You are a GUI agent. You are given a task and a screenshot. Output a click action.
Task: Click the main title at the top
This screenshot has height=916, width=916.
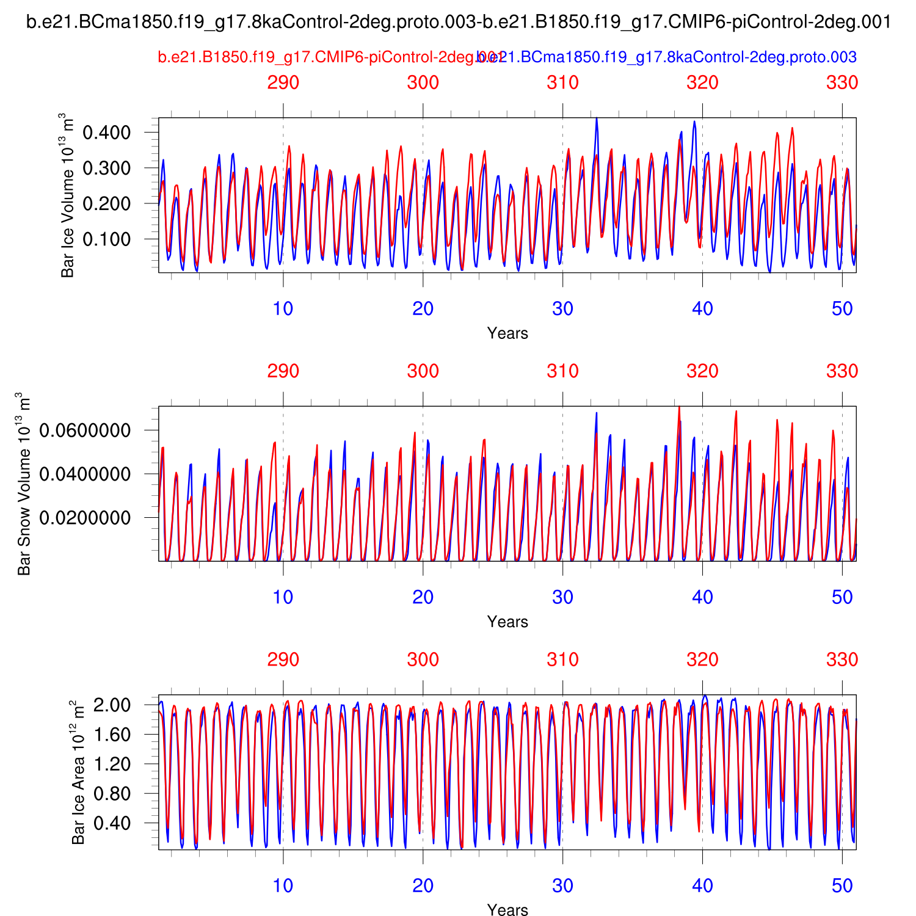click(459, 23)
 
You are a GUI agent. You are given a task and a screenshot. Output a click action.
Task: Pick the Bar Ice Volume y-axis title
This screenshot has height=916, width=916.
click(67, 195)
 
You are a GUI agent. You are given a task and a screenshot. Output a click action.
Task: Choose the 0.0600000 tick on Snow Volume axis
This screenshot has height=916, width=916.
click(85, 431)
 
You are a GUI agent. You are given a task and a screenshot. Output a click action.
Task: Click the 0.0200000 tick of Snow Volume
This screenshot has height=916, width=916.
click(85, 518)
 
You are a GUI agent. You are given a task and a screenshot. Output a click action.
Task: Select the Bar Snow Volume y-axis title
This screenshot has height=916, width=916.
click(24, 484)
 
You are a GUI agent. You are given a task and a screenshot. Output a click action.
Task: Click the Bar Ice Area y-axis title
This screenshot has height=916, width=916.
click(78, 772)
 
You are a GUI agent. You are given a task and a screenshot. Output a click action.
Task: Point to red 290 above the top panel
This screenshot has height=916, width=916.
click(283, 82)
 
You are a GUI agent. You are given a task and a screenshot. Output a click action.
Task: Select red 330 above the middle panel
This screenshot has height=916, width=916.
click(842, 371)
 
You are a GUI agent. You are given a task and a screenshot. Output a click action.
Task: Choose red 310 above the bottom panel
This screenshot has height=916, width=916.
click(562, 660)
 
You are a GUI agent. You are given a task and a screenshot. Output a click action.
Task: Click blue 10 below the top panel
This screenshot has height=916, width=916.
click(283, 308)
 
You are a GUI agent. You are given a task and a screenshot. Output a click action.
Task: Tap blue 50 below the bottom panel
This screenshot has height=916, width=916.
click(842, 885)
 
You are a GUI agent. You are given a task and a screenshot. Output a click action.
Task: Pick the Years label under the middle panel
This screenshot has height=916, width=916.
click(507, 622)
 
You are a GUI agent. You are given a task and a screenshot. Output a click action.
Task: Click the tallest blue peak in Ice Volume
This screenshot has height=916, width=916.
click(597, 118)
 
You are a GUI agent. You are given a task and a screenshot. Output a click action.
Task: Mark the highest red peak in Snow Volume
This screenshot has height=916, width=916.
click(679, 407)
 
